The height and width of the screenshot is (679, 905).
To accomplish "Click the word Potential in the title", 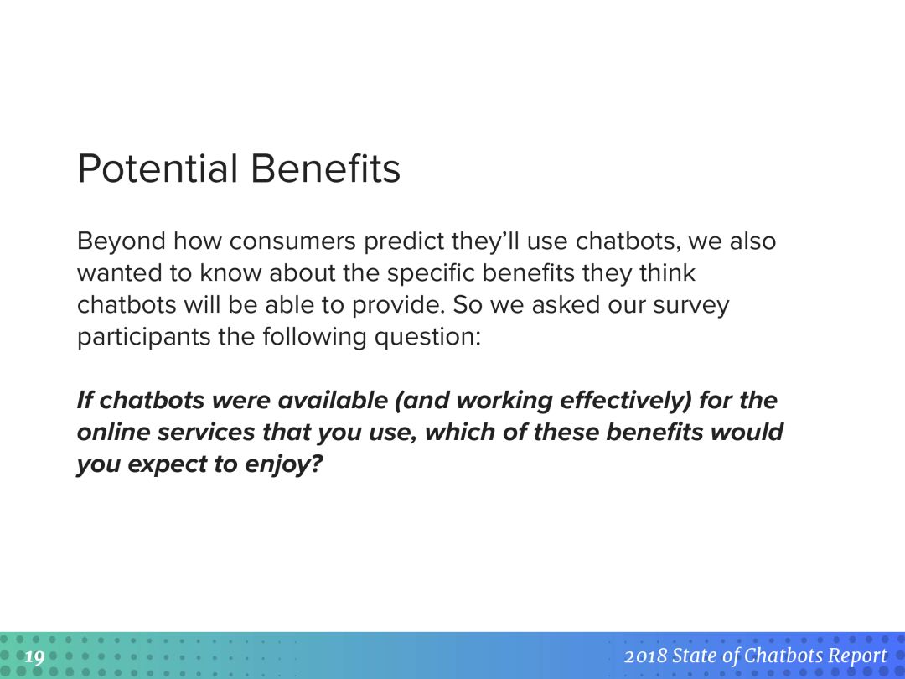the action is click(158, 168).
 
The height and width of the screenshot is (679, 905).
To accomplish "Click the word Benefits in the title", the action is click(325, 168).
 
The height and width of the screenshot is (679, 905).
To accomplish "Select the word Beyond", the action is click(122, 242).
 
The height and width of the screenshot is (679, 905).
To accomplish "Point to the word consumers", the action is click(292, 242).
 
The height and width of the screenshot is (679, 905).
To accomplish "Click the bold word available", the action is click(333, 400).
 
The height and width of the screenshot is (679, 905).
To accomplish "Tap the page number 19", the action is click(34, 657).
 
